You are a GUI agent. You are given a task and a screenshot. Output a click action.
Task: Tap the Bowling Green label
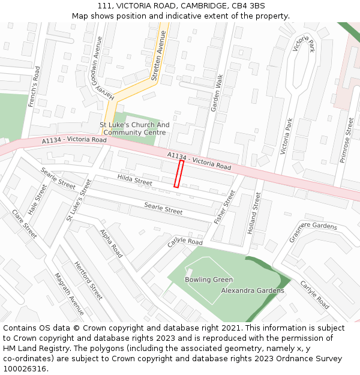point(208,280)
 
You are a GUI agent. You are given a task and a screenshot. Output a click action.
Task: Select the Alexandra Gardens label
point(253,290)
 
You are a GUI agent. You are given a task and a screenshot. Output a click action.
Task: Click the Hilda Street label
point(135,179)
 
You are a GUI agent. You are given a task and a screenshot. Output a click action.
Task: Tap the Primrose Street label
point(347,140)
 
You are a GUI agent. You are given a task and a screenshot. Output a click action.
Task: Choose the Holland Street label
point(254,213)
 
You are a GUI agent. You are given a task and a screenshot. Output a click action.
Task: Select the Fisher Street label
point(225,207)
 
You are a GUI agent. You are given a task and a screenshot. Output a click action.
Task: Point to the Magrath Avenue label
point(70,294)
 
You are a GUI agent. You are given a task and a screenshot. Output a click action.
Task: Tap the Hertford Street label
point(88,280)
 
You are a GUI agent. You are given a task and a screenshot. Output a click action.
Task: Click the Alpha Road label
point(111,243)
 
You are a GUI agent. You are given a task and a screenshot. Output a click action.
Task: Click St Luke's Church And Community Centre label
point(134,129)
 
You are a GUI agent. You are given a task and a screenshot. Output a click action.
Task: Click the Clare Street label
point(25,223)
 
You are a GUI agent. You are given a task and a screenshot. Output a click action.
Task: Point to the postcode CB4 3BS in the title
point(248,5)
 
